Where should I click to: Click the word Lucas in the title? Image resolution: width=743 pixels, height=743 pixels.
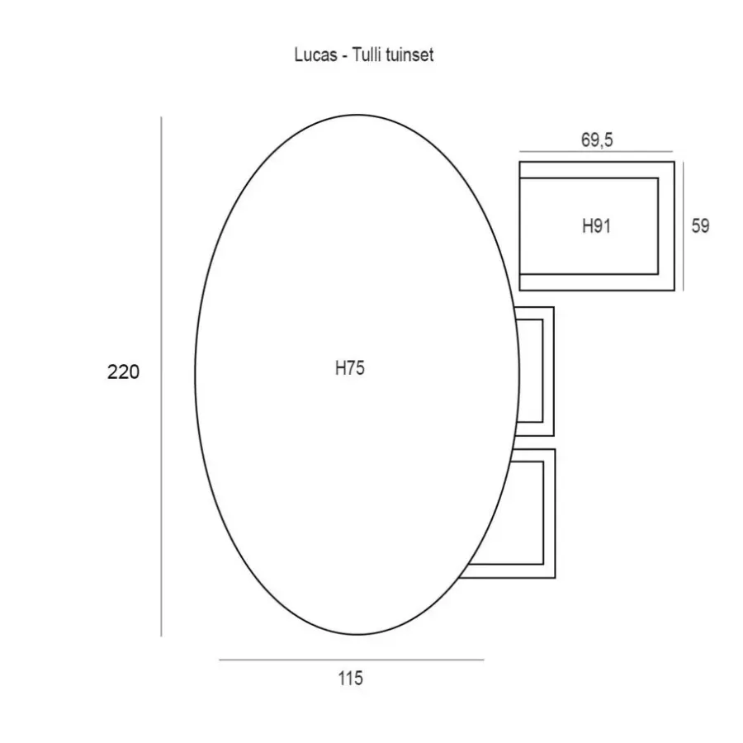(x=315, y=54)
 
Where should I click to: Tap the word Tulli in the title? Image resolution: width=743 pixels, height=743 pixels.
(x=367, y=54)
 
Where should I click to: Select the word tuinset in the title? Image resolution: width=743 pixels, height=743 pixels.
(x=409, y=55)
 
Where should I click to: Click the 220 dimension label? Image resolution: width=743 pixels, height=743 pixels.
(x=123, y=372)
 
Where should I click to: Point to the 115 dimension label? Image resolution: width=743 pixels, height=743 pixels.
(x=351, y=679)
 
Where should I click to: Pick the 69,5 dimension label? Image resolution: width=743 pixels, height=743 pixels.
(x=597, y=140)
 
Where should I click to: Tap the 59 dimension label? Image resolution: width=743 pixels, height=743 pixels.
(x=700, y=225)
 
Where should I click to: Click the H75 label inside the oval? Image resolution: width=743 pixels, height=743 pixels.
(x=350, y=368)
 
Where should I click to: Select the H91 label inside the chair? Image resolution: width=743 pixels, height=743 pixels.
(x=596, y=226)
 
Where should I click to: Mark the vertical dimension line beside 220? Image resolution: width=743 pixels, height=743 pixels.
(x=161, y=376)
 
